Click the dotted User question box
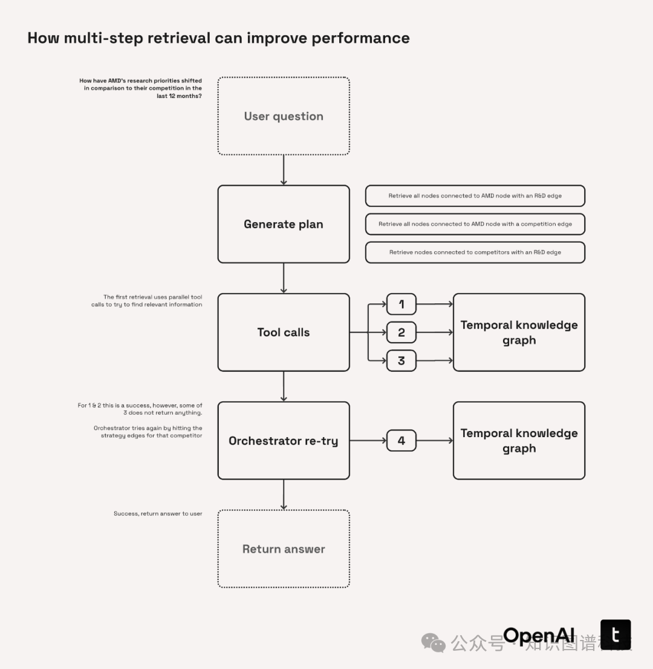[284, 116]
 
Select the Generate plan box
[284, 224]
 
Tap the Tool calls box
[284, 332]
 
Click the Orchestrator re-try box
[284, 441]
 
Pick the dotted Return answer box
[284, 549]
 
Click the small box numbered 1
[401, 304]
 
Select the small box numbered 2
[401, 332]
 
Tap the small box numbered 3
[401, 361]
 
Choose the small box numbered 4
[401, 441]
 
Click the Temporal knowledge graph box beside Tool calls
[519, 332]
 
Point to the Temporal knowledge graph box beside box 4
[519, 441]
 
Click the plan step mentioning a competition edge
[475, 224]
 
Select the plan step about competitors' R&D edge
[475, 252]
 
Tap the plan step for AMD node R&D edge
[475, 196]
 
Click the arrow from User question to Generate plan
[284, 170]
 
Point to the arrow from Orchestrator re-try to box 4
[368, 441]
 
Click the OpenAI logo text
[539, 635]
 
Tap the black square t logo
[616, 634]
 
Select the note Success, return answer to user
[158, 514]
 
